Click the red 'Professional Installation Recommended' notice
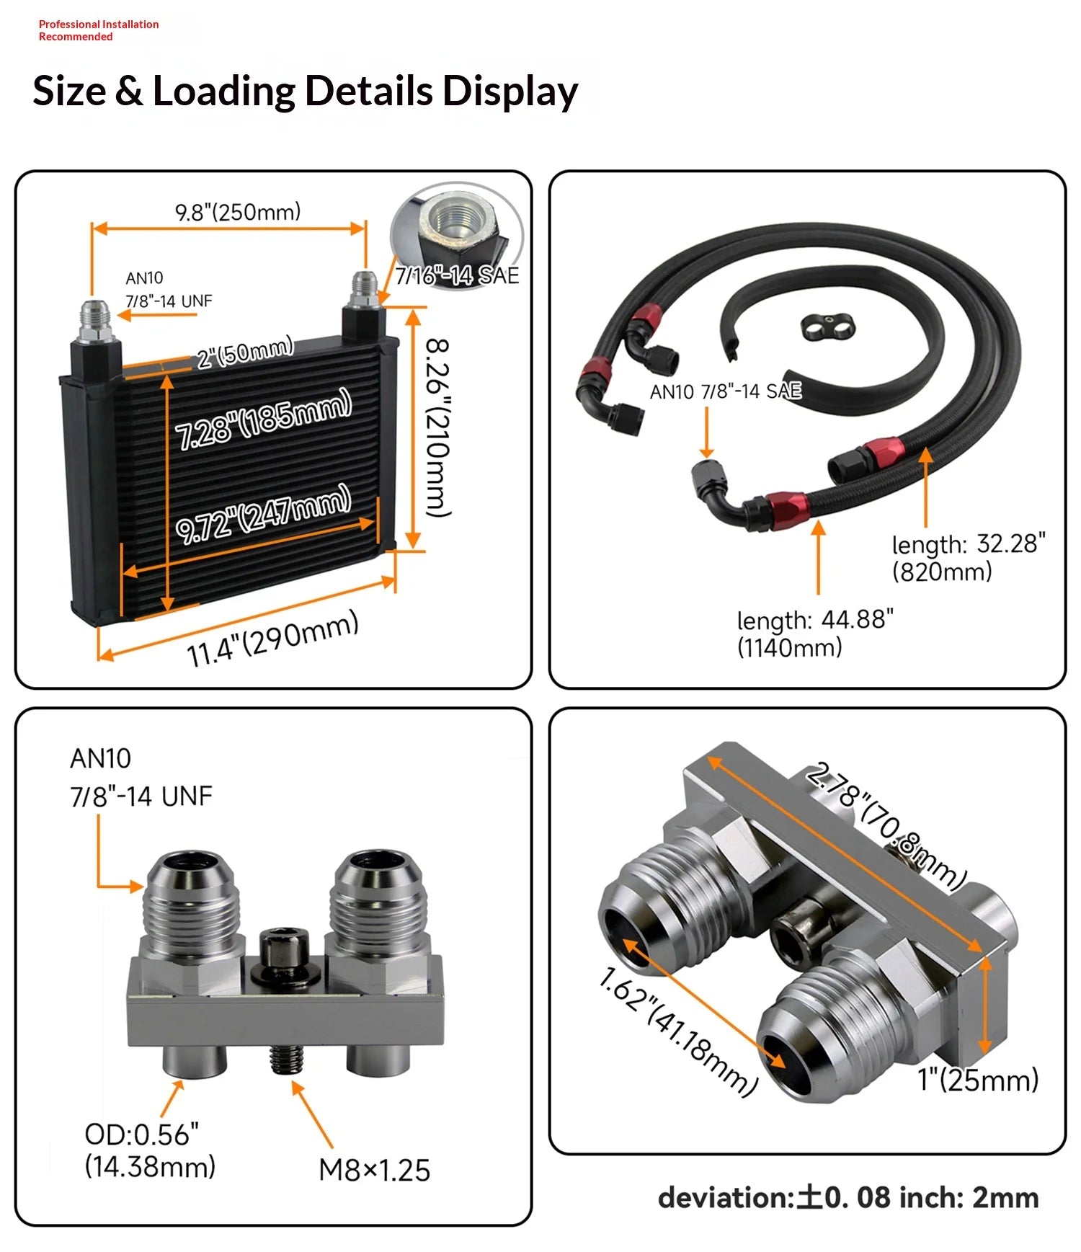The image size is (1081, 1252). tap(98, 30)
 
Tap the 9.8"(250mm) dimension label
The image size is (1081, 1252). tap(238, 212)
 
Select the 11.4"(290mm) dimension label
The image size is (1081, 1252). tap(272, 639)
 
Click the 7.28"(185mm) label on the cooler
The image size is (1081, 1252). tap(263, 419)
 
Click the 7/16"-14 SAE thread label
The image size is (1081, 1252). tap(457, 275)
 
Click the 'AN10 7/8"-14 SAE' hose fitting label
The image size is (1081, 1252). tap(725, 391)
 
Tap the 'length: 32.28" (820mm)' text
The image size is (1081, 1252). tap(967, 557)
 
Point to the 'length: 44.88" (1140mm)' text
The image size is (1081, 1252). tap(814, 633)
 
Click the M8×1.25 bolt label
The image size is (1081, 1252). tap(374, 1170)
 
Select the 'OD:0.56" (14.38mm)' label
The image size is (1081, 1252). tap(149, 1150)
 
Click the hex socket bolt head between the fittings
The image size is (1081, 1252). tap(284, 948)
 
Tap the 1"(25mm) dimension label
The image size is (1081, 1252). tap(977, 1080)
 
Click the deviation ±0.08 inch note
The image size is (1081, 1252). tap(848, 1197)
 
